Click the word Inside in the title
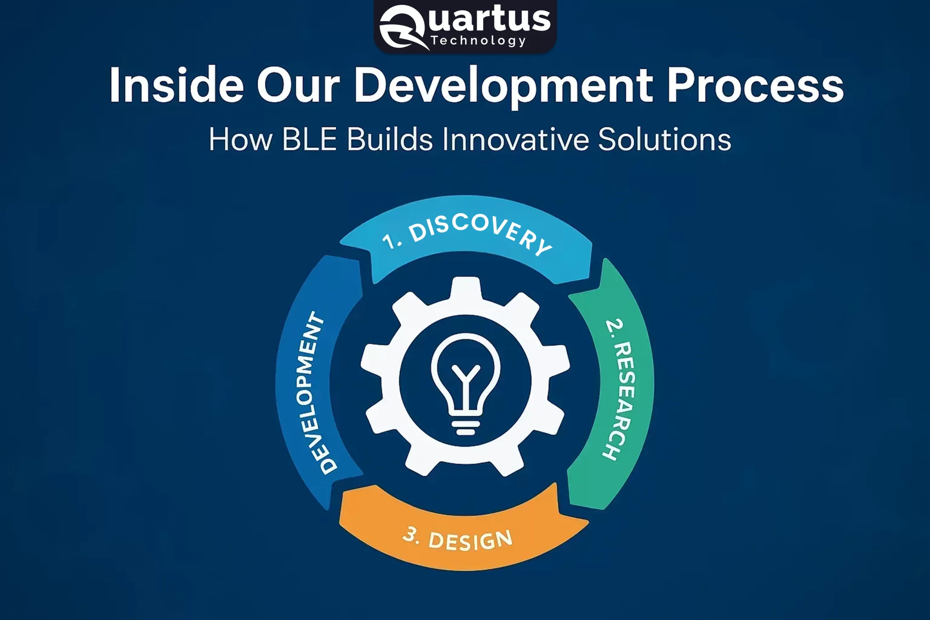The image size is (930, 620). pyautogui.click(x=176, y=85)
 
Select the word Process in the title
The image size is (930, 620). pyautogui.click(x=755, y=85)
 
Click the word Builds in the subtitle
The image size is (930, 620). pyautogui.click(x=389, y=139)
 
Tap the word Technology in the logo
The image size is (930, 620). pyautogui.click(x=478, y=41)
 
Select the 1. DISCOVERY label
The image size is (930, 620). pyautogui.click(x=466, y=235)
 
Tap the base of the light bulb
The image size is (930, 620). pyautogui.click(x=465, y=427)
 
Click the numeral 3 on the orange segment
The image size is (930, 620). pyautogui.click(x=411, y=535)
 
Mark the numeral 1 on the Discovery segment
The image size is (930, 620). pyautogui.click(x=389, y=242)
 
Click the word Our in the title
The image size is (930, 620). pyautogui.click(x=298, y=85)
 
